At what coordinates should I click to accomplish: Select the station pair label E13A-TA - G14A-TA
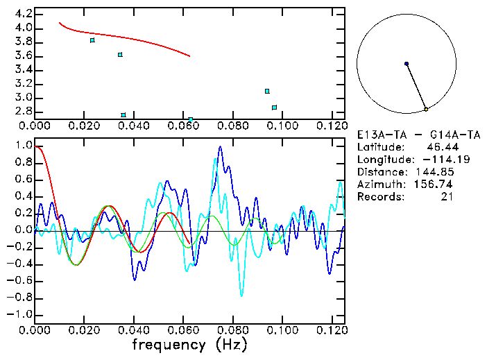tap(413, 135)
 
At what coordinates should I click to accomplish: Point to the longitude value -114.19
tap(454, 160)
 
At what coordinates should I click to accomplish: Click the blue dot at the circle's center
tap(407, 64)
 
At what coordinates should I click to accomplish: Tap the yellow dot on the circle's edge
tap(426, 109)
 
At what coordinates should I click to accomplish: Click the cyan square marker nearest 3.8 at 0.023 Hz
tap(92, 40)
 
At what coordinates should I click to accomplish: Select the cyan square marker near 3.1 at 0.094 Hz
tap(267, 91)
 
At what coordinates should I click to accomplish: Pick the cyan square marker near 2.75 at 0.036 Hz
tap(123, 115)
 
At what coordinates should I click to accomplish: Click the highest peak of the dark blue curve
tap(220, 146)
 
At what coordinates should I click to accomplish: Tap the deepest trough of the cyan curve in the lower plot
tap(241, 295)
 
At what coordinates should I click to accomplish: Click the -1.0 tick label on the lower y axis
tap(20, 315)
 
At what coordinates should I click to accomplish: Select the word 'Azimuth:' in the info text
tap(380, 185)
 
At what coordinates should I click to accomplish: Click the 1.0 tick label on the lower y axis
tap(24, 146)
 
